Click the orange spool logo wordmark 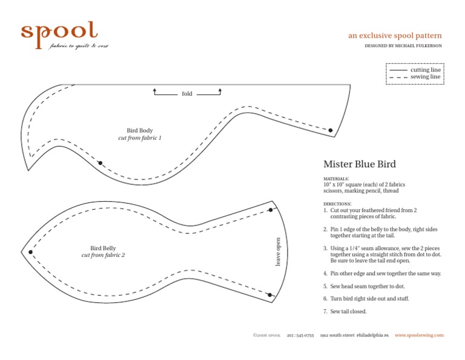tap(59, 33)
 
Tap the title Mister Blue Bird tap(360, 164)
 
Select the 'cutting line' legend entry tap(426, 70)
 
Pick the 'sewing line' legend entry tap(426, 77)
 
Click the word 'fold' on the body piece tap(187, 94)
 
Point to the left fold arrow tap(155, 92)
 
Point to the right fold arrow tap(220, 92)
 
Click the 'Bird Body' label tap(140, 130)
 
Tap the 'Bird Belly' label tap(103, 248)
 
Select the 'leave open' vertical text tap(279, 251)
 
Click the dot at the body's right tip tap(331, 130)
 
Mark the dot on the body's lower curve tap(101, 163)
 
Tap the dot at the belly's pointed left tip tap(30, 252)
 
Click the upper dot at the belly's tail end tap(271, 210)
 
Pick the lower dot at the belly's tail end tap(269, 295)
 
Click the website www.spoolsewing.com tap(420, 335)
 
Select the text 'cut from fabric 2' tap(103, 255)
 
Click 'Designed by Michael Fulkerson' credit tap(403, 46)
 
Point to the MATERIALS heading tap(336, 179)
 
